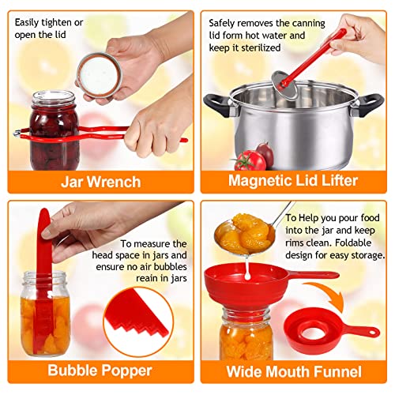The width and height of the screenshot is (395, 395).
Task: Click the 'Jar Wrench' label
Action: [100, 182]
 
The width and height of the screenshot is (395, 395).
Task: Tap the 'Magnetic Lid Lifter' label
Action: [293, 181]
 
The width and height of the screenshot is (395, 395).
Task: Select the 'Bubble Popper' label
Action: [100, 371]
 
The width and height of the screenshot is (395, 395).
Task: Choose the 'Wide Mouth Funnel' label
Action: [294, 371]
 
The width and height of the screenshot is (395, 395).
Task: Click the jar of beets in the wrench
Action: [55, 126]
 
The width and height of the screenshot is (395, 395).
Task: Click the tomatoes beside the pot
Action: [251, 156]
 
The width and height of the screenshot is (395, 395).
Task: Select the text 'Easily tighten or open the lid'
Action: [48, 28]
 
